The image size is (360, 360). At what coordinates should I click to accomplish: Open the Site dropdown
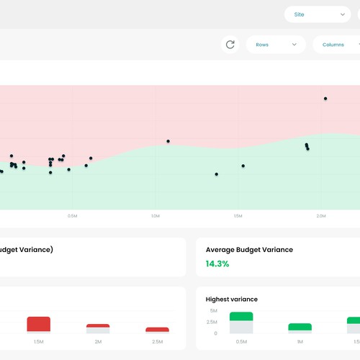(x=317, y=14)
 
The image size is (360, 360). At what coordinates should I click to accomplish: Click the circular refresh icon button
(x=230, y=45)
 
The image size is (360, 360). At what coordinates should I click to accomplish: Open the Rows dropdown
(x=276, y=45)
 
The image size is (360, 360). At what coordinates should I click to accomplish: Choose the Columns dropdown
(x=336, y=45)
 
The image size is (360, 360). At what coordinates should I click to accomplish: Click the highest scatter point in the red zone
(x=325, y=99)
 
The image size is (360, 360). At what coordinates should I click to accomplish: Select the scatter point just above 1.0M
(x=168, y=141)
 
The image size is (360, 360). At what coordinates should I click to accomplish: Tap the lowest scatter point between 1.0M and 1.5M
(x=216, y=174)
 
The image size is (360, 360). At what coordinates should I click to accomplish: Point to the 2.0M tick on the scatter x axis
(x=321, y=216)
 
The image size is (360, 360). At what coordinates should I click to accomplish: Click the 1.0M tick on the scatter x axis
(x=155, y=216)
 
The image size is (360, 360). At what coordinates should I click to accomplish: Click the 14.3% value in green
(x=217, y=264)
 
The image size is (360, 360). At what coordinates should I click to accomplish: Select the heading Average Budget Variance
(x=249, y=250)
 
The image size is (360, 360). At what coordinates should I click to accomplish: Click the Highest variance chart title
(x=231, y=299)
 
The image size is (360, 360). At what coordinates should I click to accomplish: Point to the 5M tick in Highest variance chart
(x=213, y=311)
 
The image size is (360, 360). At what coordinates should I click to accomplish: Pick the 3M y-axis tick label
(x=213, y=322)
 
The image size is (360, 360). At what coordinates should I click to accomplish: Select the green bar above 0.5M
(x=241, y=317)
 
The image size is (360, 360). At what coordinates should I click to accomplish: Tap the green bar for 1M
(x=300, y=326)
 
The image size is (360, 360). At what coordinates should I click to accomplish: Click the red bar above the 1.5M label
(x=39, y=324)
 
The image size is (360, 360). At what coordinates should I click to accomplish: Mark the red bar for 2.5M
(x=157, y=330)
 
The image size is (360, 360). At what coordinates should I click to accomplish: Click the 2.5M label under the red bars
(x=157, y=342)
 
